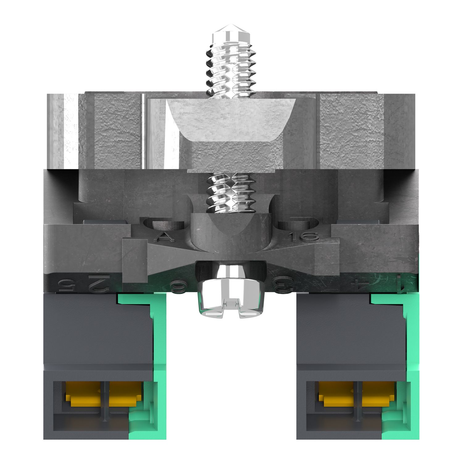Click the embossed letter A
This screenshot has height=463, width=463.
(166, 236)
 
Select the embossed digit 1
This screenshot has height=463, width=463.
(400, 283)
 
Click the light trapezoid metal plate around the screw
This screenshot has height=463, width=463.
(231, 120)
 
